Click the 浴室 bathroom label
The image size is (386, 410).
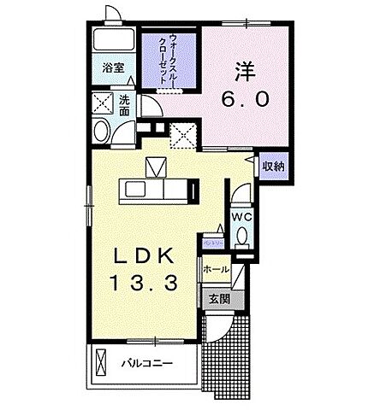tap(114, 67)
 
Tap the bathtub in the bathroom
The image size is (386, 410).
tap(113, 41)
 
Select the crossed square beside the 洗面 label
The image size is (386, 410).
tap(104, 104)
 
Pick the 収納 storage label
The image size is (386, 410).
tap(274, 166)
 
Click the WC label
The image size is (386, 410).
tap(241, 217)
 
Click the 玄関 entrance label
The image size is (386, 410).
tap(217, 299)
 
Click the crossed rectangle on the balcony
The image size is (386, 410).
tap(102, 363)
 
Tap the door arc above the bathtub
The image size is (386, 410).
tap(112, 15)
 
